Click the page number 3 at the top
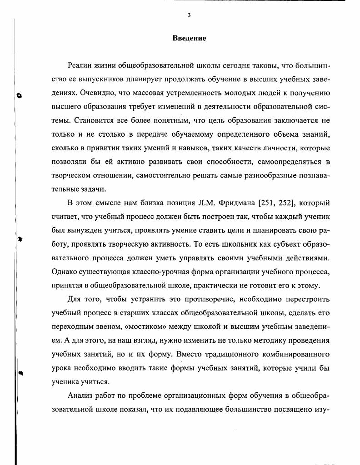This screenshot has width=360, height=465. pos(189,15)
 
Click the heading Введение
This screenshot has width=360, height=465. pos(189,38)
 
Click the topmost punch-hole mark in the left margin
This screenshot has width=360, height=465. pos(19,95)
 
